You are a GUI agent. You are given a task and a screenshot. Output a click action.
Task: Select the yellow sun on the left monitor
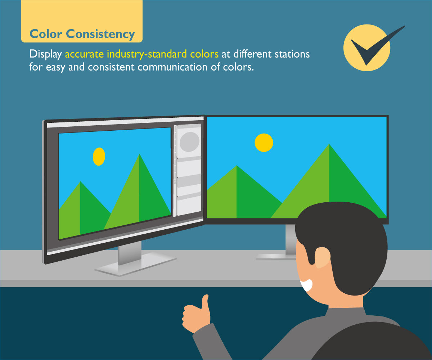[x=99, y=157]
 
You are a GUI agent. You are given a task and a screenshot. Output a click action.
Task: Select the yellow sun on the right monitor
[x=264, y=143]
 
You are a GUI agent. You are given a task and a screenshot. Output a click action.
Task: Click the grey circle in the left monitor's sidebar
[x=189, y=141]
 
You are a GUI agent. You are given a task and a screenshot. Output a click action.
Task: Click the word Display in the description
[x=46, y=55]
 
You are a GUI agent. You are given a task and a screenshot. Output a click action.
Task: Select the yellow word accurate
[x=85, y=55]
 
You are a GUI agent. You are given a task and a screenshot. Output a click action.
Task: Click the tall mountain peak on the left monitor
[x=139, y=156]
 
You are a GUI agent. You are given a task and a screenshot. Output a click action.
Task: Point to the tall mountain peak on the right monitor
[x=329, y=145]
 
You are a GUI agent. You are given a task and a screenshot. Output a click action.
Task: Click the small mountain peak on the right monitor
[x=237, y=167]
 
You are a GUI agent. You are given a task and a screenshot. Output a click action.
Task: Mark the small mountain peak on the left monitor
[x=80, y=183]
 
